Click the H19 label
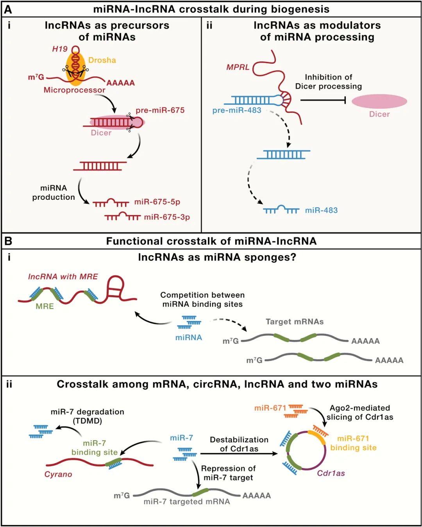pos(60,49)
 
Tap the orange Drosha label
pos(102,60)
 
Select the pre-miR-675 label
pos(160,111)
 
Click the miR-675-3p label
pos(167,217)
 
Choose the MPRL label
pos(238,67)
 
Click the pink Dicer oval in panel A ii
pos(379,101)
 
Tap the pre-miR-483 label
pos(237,111)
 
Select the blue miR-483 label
pos(321,210)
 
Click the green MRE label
pos(45,307)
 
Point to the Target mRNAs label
pos(295,321)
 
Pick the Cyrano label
pos(58,474)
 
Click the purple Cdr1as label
pos(331,473)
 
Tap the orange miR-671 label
pos(270,408)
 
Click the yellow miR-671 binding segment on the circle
pos(317,437)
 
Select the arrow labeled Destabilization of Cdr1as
pos(239,454)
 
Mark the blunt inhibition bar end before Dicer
pos(345,100)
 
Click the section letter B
pos(8,241)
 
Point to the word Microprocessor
pos(74,90)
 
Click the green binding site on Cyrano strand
pos(113,462)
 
